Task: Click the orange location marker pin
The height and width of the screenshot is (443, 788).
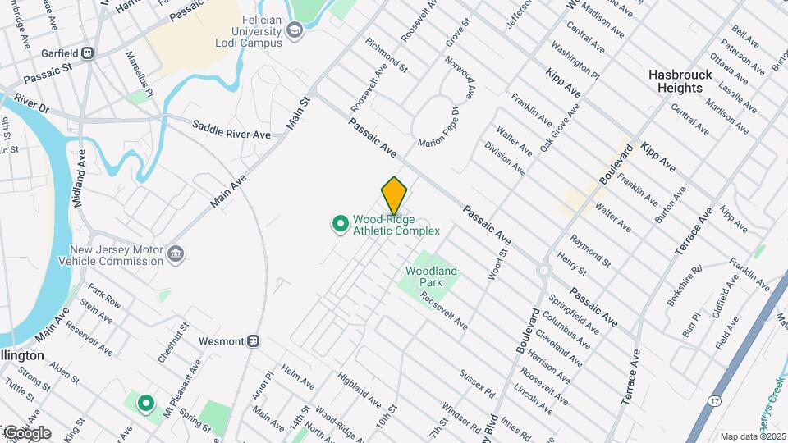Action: [394, 195]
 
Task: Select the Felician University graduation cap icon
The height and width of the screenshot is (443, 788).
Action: [295, 32]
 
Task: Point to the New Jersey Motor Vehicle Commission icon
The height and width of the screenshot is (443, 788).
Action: [174, 255]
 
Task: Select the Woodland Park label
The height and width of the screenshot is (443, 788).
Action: [430, 276]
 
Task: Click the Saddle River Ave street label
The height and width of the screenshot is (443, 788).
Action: [231, 130]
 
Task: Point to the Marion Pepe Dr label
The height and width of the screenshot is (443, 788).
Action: [437, 130]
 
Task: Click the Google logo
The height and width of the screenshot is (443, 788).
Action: [26, 432]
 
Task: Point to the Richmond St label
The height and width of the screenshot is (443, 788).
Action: [387, 53]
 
